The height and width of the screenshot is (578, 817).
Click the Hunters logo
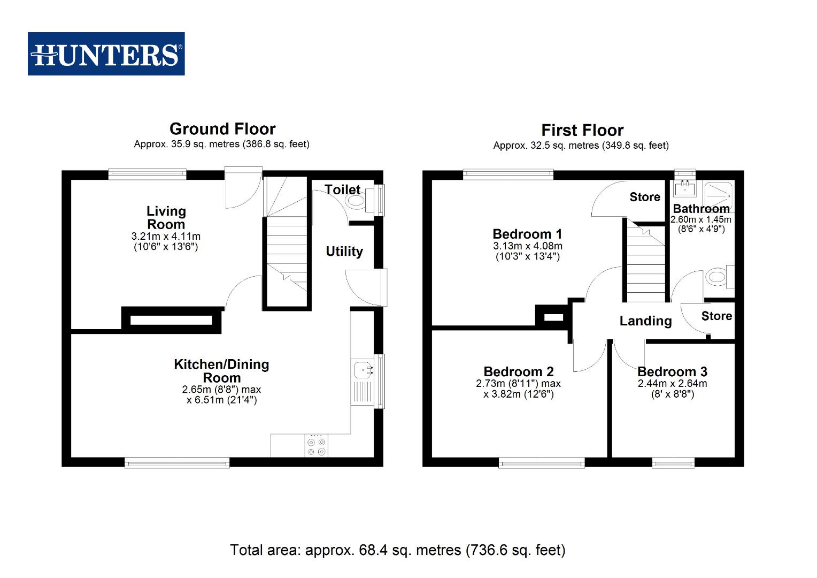click(106, 54)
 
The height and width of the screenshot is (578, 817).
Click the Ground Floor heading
click(222, 129)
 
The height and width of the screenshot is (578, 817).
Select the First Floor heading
click(582, 131)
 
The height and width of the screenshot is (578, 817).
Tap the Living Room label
click(166, 218)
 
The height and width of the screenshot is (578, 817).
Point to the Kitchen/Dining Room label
click(221, 371)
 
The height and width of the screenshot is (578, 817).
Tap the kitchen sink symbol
click(363, 369)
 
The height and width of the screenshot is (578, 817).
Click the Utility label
click(344, 252)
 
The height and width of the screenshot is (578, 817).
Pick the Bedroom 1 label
click(527, 234)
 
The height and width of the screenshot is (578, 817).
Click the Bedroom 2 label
click(518, 371)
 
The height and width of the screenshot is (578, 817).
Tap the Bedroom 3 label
click(672, 371)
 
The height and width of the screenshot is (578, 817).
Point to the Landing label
click(645, 321)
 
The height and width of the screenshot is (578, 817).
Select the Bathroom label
click(701, 209)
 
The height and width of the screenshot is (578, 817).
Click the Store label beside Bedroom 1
click(645, 197)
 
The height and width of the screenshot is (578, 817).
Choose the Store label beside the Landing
click(716, 316)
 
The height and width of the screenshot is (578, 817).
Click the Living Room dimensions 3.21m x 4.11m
click(166, 236)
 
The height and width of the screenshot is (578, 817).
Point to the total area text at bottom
click(397, 550)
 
